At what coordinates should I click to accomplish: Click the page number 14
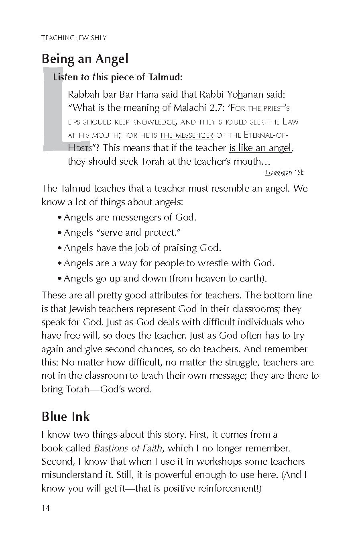46,508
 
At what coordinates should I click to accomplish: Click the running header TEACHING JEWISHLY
74,38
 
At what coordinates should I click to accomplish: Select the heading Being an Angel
85,59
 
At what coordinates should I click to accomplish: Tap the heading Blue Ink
65,416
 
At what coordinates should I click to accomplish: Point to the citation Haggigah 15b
285,173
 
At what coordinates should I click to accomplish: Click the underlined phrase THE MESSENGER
186,135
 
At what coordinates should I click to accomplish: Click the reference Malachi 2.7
197,108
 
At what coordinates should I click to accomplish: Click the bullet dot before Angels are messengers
59,218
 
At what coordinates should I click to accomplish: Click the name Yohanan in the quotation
245,95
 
